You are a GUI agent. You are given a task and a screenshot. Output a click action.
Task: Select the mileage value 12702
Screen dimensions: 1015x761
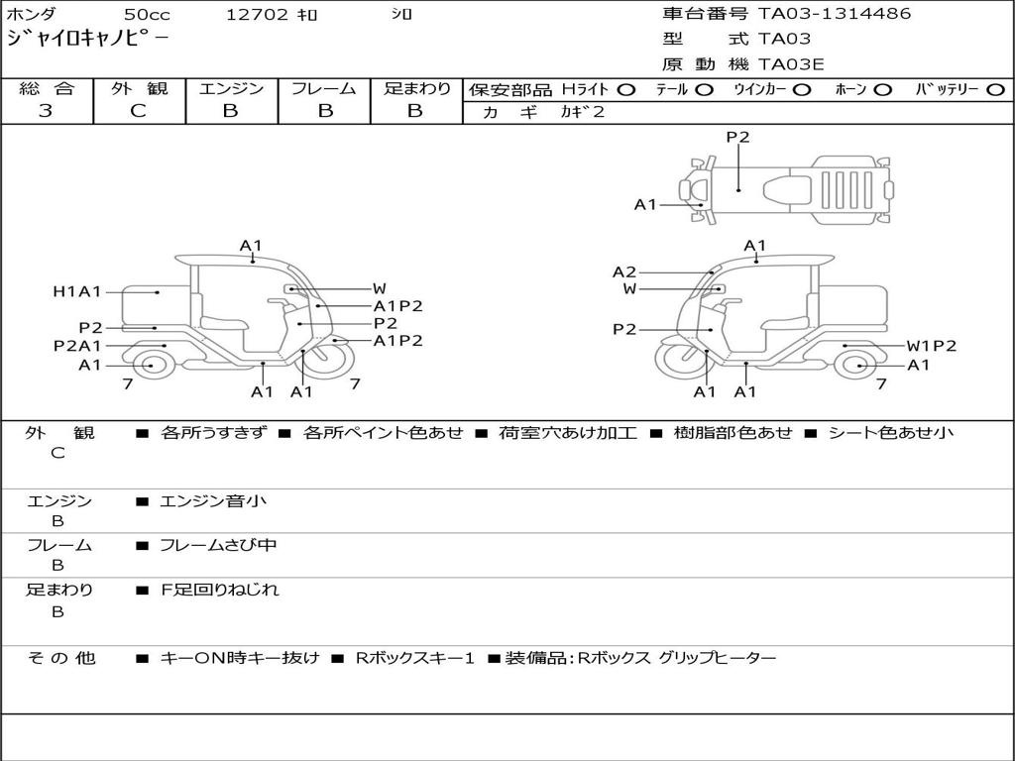click(x=257, y=15)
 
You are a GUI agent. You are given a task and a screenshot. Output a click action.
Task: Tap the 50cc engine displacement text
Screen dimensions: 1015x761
click(x=146, y=15)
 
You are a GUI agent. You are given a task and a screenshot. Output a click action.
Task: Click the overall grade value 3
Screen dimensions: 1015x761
click(x=46, y=111)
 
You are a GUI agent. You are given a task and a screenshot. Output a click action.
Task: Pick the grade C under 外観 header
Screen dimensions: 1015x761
click(x=138, y=111)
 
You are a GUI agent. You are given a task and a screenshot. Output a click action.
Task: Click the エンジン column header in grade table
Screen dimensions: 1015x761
click(x=231, y=88)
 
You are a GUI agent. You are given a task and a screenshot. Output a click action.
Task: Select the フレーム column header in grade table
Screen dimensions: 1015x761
click(x=323, y=88)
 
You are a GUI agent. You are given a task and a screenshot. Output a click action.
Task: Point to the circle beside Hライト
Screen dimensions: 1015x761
click(x=626, y=89)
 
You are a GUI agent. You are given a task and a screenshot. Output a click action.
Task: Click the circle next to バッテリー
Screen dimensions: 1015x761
click(x=994, y=89)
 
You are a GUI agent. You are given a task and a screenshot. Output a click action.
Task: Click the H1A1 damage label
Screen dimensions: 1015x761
click(x=77, y=291)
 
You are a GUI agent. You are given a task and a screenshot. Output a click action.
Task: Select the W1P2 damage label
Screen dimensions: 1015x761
click(x=932, y=346)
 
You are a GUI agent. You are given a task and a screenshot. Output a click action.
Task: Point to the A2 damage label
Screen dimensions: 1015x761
click(x=624, y=272)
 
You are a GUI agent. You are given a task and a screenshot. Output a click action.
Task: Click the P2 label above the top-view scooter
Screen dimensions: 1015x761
click(x=737, y=138)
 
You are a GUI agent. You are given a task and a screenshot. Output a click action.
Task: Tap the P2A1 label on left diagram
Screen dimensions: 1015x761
click(x=77, y=346)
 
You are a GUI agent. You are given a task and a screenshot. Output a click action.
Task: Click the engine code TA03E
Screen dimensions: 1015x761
click(x=791, y=64)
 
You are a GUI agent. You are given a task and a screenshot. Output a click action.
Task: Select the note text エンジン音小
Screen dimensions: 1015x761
click(x=213, y=501)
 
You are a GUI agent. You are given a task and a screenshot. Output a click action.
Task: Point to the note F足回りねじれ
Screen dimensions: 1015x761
click(x=220, y=590)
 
